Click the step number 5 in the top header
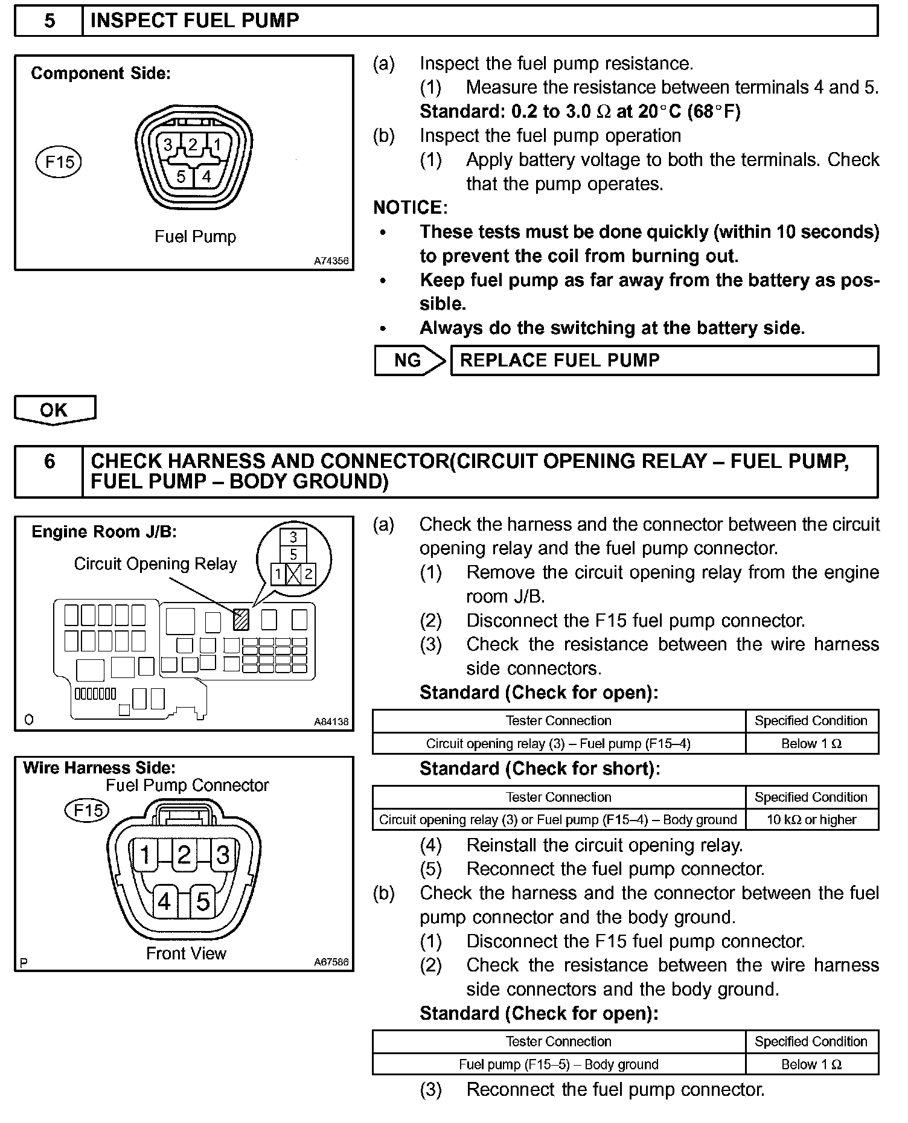(x=49, y=21)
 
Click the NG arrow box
(x=409, y=360)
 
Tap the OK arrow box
(x=54, y=410)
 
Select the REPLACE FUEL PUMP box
(x=664, y=360)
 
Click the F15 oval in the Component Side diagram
(x=59, y=161)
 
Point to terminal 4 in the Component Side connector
(x=206, y=176)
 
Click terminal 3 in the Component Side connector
(x=168, y=145)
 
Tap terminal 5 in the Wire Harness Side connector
(x=203, y=902)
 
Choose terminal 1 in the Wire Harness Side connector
(x=145, y=855)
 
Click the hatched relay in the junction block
(x=241, y=619)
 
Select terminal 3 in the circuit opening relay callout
(x=293, y=537)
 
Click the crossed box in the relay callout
(x=293, y=574)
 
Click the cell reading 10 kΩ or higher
(x=811, y=819)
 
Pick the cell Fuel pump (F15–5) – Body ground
(x=558, y=1064)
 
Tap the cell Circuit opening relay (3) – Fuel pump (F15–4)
(x=558, y=743)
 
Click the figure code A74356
(x=331, y=261)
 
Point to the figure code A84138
(x=331, y=721)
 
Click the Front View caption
(x=186, y=953)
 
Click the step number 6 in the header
(x=49, y=462)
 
